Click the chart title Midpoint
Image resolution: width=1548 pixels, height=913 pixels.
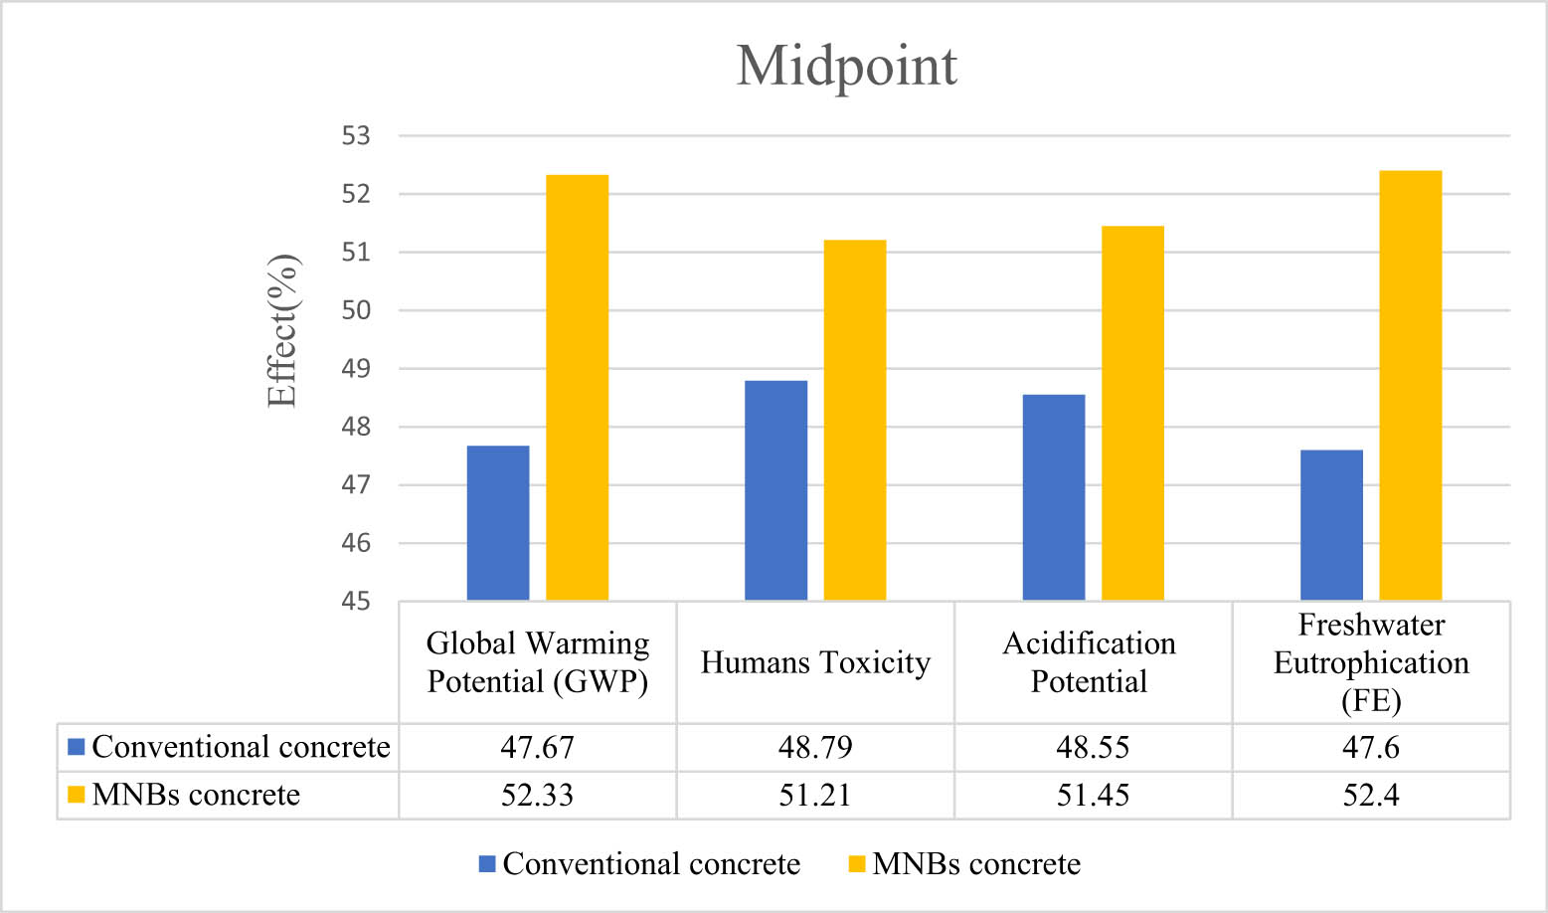tap(846, 67)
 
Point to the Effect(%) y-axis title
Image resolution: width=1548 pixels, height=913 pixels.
tap(282, 331)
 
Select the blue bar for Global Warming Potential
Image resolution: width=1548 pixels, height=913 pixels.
tap(498, 523)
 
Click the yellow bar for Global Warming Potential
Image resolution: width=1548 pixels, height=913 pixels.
tap(577, 388)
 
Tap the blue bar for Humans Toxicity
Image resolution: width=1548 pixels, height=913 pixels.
tap(775, 490)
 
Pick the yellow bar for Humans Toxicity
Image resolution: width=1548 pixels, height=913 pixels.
tap(855, 420)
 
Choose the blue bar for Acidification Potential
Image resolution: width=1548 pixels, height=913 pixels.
tap(1054, 497)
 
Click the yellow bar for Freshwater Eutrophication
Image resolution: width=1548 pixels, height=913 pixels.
tap(1410, 386)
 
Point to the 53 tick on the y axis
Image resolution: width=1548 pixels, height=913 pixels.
tap(356, 136)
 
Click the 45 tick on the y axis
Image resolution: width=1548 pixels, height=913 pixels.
tap(356, 602)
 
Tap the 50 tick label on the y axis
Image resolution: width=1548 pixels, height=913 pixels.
tap(356, 310)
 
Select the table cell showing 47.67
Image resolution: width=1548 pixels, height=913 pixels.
tap(537, 748)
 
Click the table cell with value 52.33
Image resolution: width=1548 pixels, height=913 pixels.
tap(537, 796)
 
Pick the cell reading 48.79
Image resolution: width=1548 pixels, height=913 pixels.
tap(815, 748)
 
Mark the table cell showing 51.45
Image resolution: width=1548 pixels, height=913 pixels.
tap(1093, 796)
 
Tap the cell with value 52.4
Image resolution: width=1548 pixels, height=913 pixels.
tap(1371, 796)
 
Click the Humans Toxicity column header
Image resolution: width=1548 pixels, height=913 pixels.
tap(815, 662)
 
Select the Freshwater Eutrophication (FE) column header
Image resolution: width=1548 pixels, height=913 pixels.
tap(1371, 662)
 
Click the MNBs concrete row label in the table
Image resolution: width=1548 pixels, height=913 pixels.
tap(196, 796)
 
